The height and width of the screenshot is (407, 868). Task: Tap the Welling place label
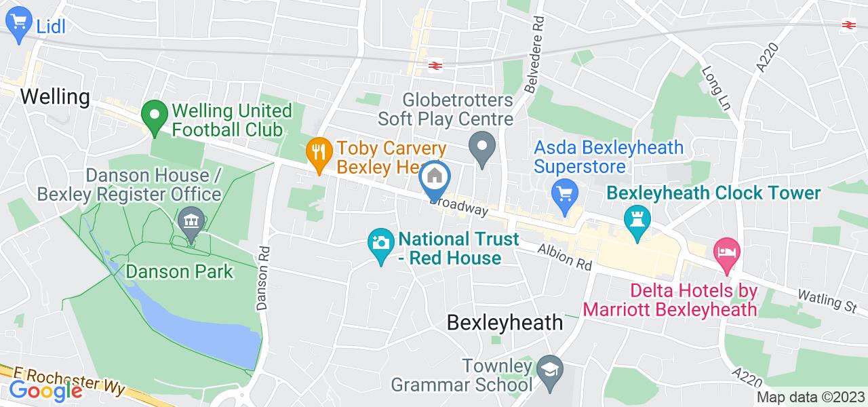pos(55,97)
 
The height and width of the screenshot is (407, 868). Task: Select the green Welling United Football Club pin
pos(155,117)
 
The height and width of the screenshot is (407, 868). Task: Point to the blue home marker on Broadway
pos(435,177)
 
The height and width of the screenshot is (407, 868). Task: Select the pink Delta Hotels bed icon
pos(727,252)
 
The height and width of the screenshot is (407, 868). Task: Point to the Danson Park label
pos(180,272)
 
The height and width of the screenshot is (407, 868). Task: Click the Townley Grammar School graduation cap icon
pos(547,368)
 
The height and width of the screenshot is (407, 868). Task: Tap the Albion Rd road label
pos(564,257)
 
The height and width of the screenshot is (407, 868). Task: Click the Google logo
pos(45,390)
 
